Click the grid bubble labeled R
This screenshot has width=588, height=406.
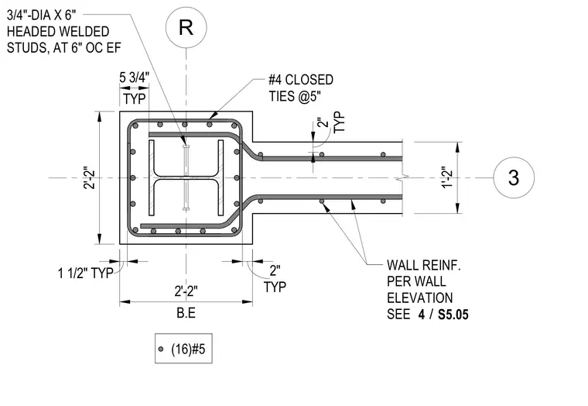(x=186, y=27)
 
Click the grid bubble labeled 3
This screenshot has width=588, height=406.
(x=514, y=177)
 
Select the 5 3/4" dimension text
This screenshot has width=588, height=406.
(x=135, y=77)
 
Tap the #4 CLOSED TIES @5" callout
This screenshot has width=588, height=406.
(x=301, y=88)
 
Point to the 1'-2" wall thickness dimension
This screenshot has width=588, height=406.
(x=448, y=177)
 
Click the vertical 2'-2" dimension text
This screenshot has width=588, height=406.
(x=89, y=177)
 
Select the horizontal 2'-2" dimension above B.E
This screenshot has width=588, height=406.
(x=186, y=291)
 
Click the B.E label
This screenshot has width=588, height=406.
(x=186, y=313)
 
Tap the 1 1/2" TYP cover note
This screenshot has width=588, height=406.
(x=86, y=273)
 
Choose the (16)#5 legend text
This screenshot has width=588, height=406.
(x=188, y=349)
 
